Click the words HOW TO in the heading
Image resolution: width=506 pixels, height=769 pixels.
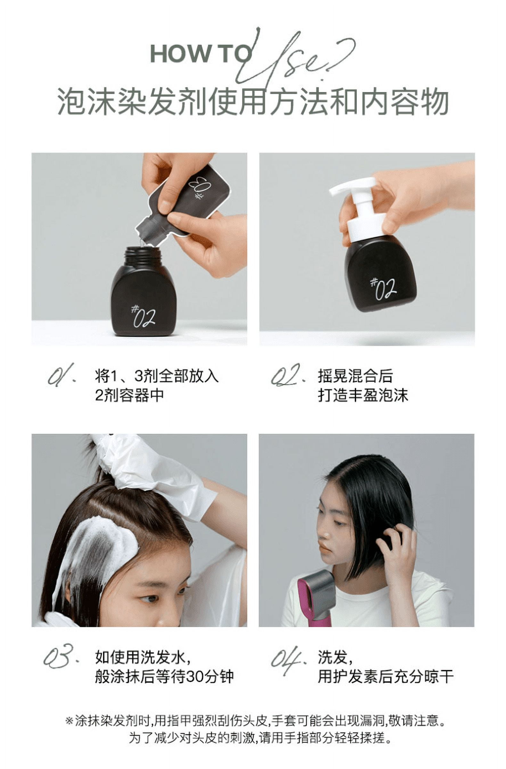click(x=200, y=54)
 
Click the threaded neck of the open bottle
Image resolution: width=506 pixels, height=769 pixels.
click(x=143, y=255)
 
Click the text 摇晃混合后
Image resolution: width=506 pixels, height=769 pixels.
click(x=355, y=376)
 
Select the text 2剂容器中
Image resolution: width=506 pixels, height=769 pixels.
click(x=129, y=395)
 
